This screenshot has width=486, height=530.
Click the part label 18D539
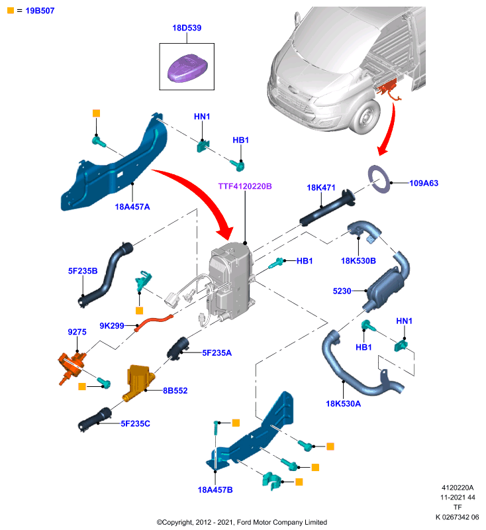tap(187, 28)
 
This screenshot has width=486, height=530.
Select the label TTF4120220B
tap(245, 186)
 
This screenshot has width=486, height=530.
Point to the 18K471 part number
tap(321, 187)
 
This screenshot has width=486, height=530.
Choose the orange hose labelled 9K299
tap(154, 323)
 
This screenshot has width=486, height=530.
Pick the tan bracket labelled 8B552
tap(138, 382)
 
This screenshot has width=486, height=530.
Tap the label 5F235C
tap(136, 423)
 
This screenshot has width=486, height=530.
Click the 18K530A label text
tap(343, 403)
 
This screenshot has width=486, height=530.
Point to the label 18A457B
tap(215, 490)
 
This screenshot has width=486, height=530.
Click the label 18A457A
tap(132, 207)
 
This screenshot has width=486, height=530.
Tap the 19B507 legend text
tap(40, 11)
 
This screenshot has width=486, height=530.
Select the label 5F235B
tap(83, 271)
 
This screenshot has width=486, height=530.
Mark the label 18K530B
tap(358, 260)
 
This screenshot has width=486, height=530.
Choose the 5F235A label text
tap(217, 353)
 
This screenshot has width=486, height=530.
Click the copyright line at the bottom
tap(242, 522)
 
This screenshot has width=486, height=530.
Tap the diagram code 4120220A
tap(458, 488)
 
